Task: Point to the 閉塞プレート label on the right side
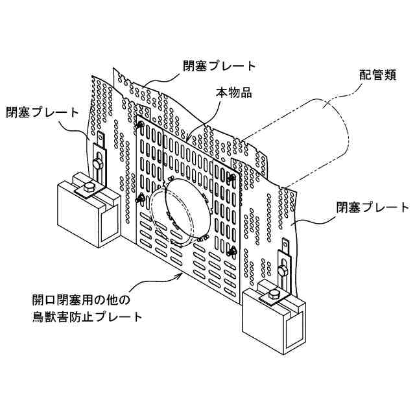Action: pyautogui.click(x=372, y=207)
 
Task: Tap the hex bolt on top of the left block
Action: pyautogui.click(x=89, y=189)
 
